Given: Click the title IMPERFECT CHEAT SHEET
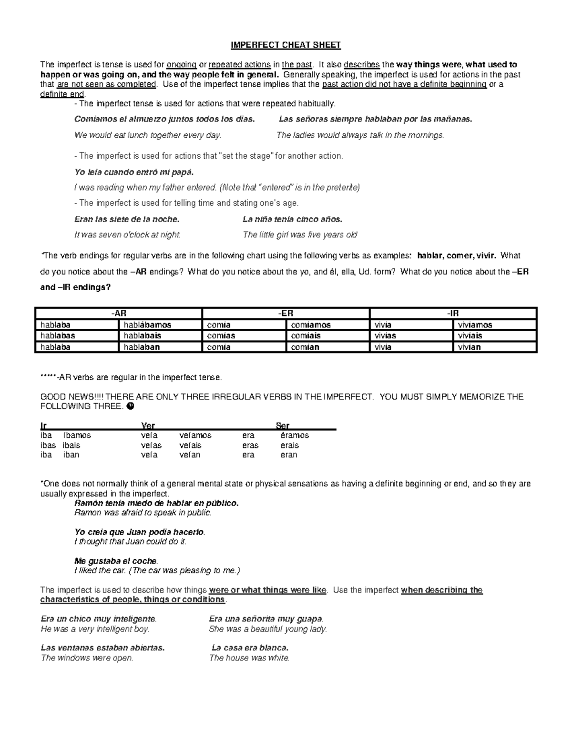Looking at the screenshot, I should coord(286,45).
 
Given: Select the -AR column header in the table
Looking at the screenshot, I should coord(119,314).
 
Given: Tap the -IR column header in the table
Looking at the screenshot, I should coord(453,314).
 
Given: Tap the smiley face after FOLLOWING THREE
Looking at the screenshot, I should coord(131,406).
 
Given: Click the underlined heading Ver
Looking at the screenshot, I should coord(148,426).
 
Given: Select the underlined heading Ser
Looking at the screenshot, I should coord(283,426).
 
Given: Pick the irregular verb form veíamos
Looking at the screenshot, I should coord(195,436).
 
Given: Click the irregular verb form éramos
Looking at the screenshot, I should coord(295,436).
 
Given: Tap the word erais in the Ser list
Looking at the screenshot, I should coord(289,446).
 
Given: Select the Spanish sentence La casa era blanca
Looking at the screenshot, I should coord(250,648).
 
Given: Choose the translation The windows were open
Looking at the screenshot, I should coord(87,658).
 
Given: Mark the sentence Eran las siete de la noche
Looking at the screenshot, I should coord(127,220).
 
